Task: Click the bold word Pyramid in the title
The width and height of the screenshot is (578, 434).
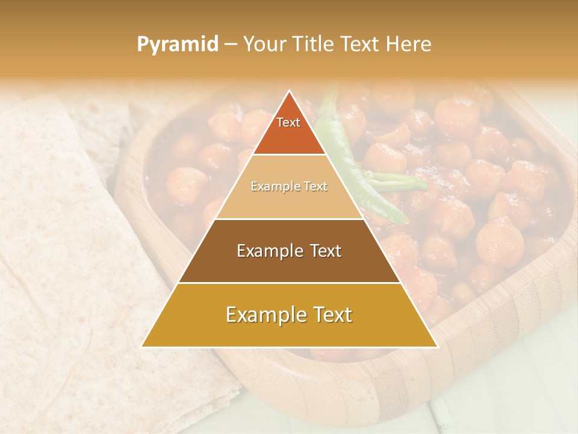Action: point(178,45)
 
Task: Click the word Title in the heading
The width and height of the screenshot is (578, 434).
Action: point(314,44)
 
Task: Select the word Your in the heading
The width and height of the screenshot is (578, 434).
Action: point(265,44)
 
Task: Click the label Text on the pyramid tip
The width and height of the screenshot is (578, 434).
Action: point(288,122)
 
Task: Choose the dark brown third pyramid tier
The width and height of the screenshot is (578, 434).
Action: point(289,265)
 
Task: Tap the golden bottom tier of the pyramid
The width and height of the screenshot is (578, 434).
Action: point(289,332)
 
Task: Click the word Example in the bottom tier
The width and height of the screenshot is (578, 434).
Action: point(263,315)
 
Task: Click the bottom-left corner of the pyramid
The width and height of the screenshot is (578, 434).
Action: point(143,347)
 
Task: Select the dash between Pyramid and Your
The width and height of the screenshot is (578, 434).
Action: point(230,45)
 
